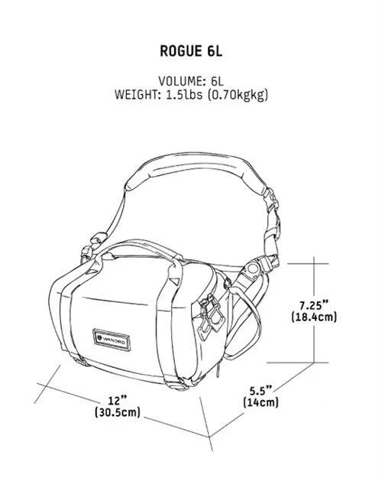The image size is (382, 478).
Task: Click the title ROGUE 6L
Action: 191,51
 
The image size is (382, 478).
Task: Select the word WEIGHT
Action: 135,95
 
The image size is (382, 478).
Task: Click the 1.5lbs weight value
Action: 184,95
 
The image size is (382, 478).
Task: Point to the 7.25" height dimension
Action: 314,304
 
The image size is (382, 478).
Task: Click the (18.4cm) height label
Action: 314,317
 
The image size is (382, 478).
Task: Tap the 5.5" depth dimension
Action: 261,390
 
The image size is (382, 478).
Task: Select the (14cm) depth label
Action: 261,402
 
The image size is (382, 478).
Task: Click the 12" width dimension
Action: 118,400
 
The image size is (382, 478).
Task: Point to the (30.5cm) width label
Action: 118,412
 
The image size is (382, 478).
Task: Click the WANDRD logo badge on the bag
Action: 112,340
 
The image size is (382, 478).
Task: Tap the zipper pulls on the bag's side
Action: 211,314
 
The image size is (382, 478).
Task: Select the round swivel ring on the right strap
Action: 252,269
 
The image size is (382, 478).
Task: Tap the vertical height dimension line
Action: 314,310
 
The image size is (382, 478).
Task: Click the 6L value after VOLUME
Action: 217,81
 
